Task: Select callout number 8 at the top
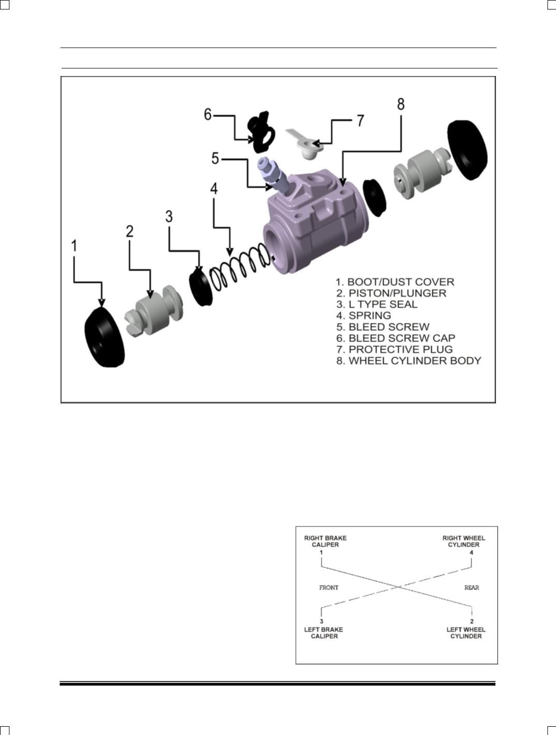401,104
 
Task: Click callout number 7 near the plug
360,121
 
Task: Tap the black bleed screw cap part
260,131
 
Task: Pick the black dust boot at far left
104,337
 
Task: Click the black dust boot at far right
467,149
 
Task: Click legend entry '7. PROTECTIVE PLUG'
394,349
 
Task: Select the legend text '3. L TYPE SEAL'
376,304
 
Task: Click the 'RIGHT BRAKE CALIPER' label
325,541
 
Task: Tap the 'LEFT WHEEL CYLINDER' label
466,633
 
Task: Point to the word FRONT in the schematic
329,588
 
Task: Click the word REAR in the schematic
472,588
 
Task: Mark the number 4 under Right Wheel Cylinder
471,552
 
